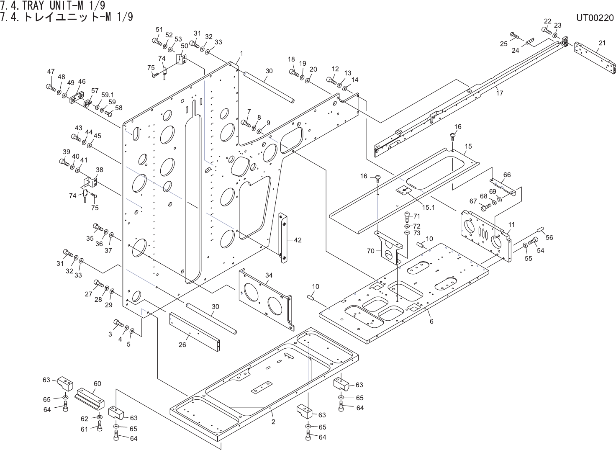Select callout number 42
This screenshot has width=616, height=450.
298,240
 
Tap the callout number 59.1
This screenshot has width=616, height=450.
108,95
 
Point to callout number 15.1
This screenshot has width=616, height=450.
429,207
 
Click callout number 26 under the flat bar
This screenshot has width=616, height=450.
182,345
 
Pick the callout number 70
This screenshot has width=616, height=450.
371,251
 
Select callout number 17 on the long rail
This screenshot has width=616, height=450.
500,93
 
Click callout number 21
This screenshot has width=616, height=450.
602,43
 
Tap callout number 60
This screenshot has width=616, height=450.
98,383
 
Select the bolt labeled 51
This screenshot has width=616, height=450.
157,42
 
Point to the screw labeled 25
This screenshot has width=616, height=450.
514,35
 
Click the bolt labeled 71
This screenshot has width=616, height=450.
407,217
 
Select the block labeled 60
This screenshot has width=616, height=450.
90,399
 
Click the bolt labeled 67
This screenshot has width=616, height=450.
486,207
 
